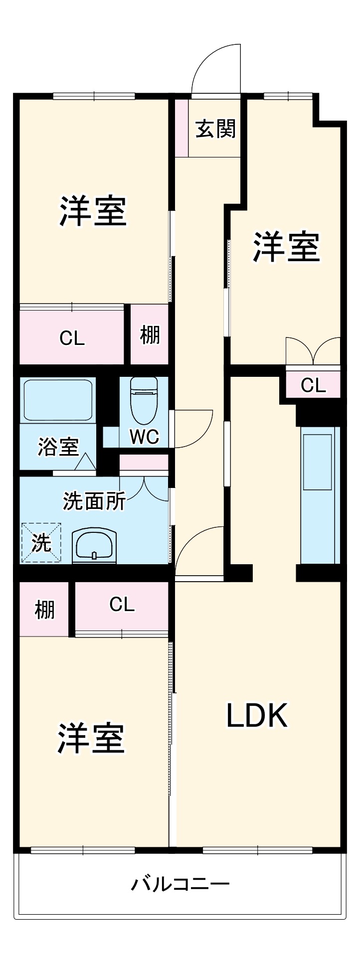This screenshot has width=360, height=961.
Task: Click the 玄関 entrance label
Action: pyautogui.click(x=215, y=130)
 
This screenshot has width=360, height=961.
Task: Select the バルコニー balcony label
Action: pyautogui.click(x=180, y=885)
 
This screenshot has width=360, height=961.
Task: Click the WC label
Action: pyautogui.click(x=145, y=437)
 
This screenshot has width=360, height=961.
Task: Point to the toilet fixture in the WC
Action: pyautogui.click(x=144, y=399)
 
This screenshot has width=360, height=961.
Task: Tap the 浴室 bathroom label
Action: pyautogui.click(x=58, y=447)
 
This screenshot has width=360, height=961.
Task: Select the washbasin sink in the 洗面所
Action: pyautogui.click(x=94, y=547)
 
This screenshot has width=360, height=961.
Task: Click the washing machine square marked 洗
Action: pyautogui.click(x=41, y=543)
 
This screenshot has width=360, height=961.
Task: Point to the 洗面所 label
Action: pyautogui.click(x=94, y=501)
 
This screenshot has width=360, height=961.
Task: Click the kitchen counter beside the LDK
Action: pyautogui.click(x=320, y=496)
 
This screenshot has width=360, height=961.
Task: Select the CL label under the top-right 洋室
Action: pyautogui.click(x=313, y=385)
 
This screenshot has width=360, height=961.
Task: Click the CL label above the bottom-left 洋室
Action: pyautogui.click(x=122, y=605)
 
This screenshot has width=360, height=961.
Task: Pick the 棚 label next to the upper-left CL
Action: pyautogui.click(x=150, y=334)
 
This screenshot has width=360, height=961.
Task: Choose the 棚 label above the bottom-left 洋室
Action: pyautogui.click(x=44, y=610)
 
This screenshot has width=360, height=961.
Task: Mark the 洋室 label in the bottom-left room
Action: pyautogui.click(x=90, y=739)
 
